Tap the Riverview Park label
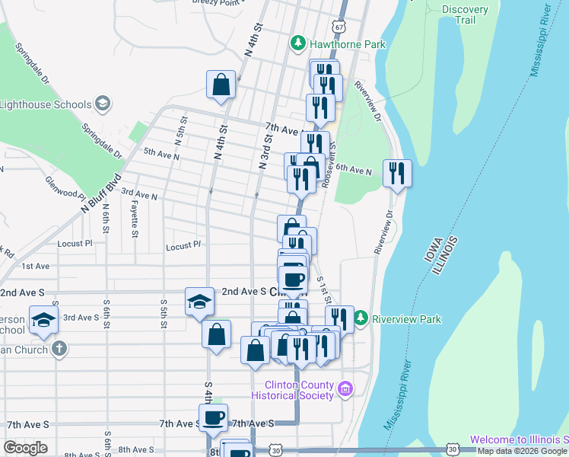pos(406,318)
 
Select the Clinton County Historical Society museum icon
pos(345,389)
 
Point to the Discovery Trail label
pos(465,14)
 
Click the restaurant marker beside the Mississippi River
pos(396,174)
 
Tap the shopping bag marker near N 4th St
pos(221,85)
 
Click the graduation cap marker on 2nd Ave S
pos(199,302)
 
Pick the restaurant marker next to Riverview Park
pos(339,319)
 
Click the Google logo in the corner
pos(25,448)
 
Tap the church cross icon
pos(59,349)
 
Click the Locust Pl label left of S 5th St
pos(75,243)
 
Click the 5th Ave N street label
pos(161,154)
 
